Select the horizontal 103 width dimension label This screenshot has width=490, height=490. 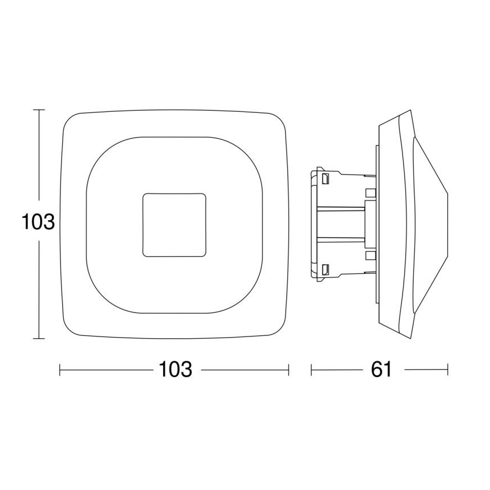tap(174, 370)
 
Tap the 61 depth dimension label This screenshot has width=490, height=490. tap(381, 370)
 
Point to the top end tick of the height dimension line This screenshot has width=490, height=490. tap(38, 110)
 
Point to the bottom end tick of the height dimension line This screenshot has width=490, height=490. tap(38, 339)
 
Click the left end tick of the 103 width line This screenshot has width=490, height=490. tap(60, 370)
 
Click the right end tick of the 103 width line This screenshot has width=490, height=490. tap(289, 370)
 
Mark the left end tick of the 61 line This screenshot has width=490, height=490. tap(312, 370)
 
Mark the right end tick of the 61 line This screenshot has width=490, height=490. tap(448, 370)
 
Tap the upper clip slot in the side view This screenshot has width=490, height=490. tap(326, 180)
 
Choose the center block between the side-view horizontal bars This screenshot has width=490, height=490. tap(369, 224)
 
